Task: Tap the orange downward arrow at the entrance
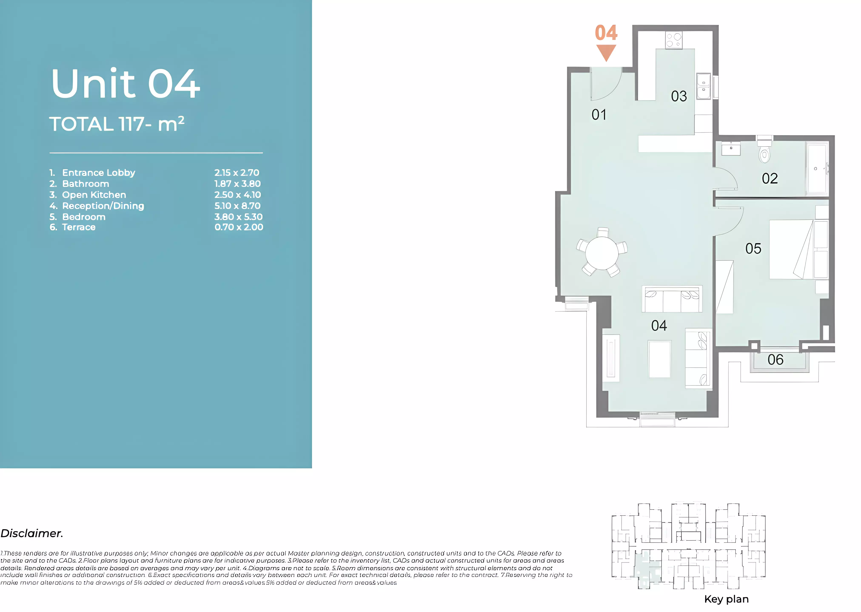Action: coord(606,52)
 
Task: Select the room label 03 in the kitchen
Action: coord(679,96)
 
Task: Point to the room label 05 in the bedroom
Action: coord(753,249)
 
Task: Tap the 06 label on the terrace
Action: coord(775,360)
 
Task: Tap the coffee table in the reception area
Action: coord(659,359)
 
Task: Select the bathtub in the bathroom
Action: coord(817,169)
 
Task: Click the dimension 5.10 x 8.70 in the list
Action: coord(237,206)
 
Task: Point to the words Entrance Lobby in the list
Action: coord(98,173)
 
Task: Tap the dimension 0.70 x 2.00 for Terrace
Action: coord(239,227)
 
